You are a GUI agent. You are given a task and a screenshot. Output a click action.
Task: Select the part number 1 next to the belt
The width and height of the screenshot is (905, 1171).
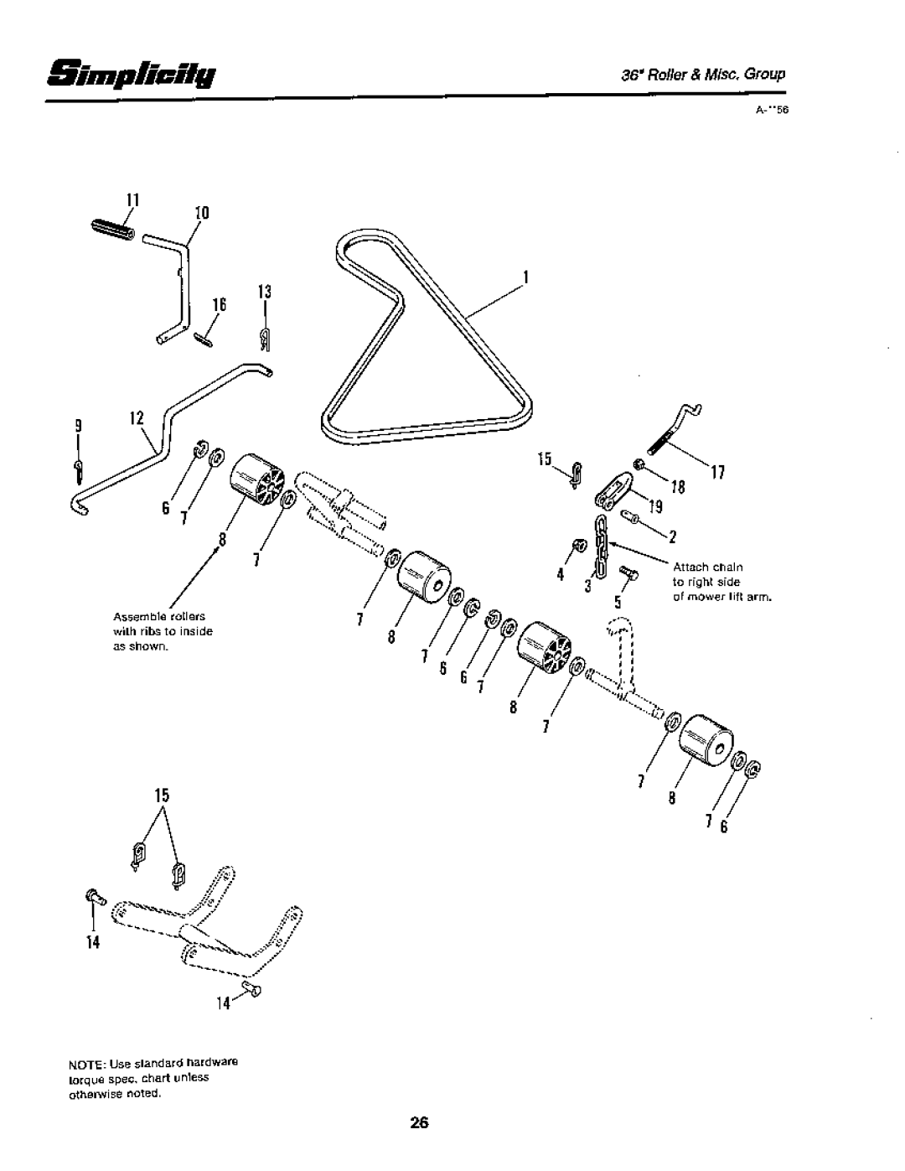(x=526, y=276)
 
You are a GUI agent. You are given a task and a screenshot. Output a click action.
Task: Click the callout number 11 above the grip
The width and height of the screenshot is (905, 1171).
(x=131, y=202)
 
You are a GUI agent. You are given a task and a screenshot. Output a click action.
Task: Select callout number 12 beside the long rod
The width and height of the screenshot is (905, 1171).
(x=137, y=416)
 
